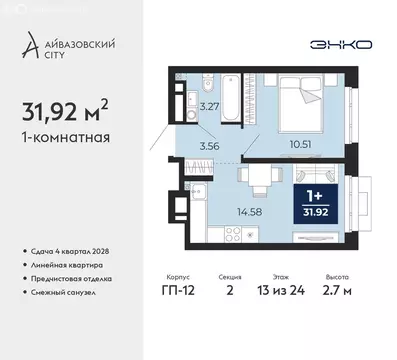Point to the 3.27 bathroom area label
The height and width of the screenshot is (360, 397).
[208, 105]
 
